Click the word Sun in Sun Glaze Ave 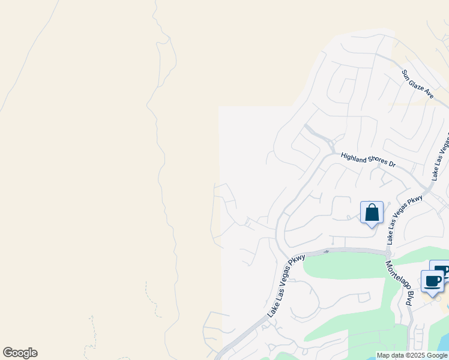pos(407,74)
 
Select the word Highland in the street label pos(354,157)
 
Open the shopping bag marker pos(372,212)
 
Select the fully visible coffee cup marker pos(432,281)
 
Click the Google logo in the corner pos(20,353)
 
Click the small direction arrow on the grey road pos(327,251)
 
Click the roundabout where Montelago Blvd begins pos(388,253)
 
